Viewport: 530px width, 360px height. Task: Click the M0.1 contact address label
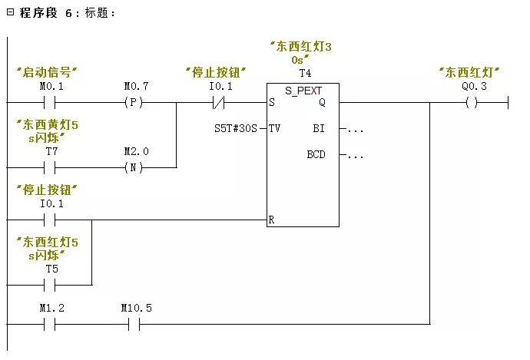[51, 87]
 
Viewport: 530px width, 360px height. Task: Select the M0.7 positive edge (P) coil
[135, 101]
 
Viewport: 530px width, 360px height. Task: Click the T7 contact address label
[51, 152]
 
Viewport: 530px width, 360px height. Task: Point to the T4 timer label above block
[304, 74]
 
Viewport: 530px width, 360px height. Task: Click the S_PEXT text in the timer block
[303, 90]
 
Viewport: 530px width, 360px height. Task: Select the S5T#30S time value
[237, 128]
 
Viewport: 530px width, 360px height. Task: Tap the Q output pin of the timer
[322, 102]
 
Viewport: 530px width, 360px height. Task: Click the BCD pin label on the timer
[316, 154]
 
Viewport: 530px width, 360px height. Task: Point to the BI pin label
[319, 128]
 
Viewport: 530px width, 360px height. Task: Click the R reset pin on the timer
[272, 220]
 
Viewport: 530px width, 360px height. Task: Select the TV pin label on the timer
[274, 128]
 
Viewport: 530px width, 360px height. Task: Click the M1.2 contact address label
[51, 308]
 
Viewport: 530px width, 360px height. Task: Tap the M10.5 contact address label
[136, 308]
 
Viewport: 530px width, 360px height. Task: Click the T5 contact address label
[51, 269]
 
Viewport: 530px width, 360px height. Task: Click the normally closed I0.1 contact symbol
[220, 101]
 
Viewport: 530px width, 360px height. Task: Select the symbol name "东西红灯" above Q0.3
[469, 72]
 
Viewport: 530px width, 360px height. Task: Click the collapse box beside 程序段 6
[10, 13]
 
